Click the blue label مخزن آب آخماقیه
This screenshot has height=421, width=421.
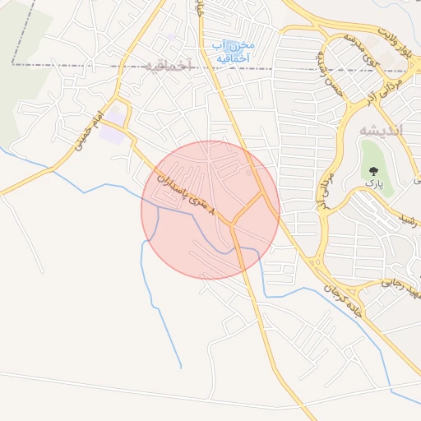pos(234,51)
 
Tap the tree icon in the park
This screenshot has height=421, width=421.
pos(374,170)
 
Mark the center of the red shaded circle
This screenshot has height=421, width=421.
pos(210,210)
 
